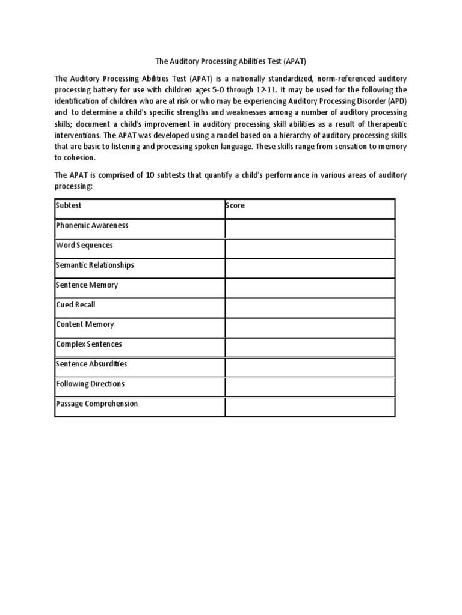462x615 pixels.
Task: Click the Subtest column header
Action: (69, 205)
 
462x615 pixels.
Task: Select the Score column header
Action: (235, 205)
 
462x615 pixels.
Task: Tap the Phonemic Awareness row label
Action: (92, 225)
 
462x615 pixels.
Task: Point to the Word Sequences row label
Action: (84, 245)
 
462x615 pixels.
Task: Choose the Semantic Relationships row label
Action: (94, 265)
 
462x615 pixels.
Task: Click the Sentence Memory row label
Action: (87, 285)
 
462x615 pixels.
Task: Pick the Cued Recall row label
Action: (75, 304)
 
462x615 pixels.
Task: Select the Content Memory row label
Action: (85, 324)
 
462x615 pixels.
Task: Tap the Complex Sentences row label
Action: (88, 344)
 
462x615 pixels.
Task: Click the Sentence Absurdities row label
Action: (91, 364)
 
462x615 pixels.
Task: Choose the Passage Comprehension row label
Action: (97, 404)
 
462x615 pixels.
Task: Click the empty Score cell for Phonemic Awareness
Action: (310, 229)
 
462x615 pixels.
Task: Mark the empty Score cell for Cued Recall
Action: (310, 308)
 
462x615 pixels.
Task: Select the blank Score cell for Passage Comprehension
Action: (310, 407)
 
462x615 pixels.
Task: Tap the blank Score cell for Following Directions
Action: (310, 387)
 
